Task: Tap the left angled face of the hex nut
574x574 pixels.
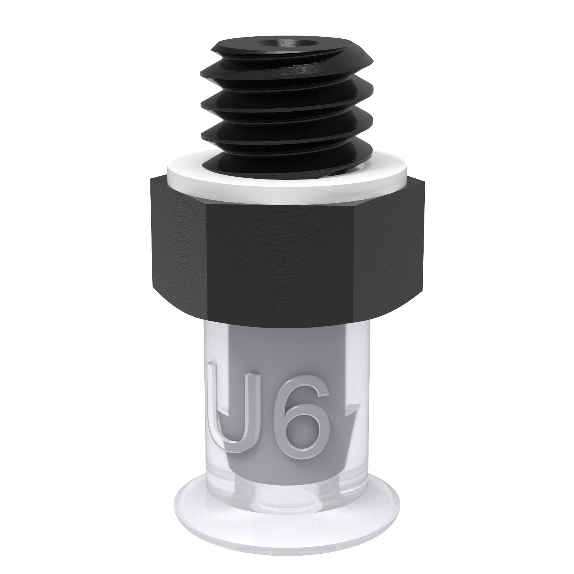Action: [x=178, y=245]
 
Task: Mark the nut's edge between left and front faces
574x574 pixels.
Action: [x=207, y=264]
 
